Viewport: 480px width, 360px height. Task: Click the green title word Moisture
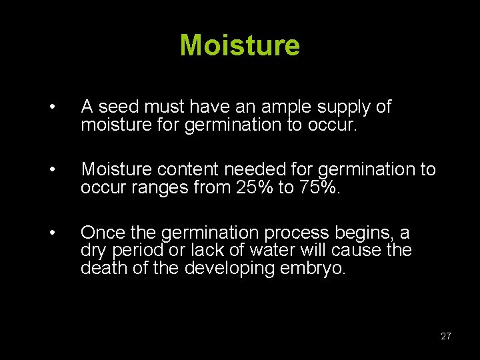point(240,45)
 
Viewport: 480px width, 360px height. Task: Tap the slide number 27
point(445,336)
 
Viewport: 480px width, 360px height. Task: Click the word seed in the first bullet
point(120,107)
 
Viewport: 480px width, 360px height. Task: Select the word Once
point(101,233)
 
